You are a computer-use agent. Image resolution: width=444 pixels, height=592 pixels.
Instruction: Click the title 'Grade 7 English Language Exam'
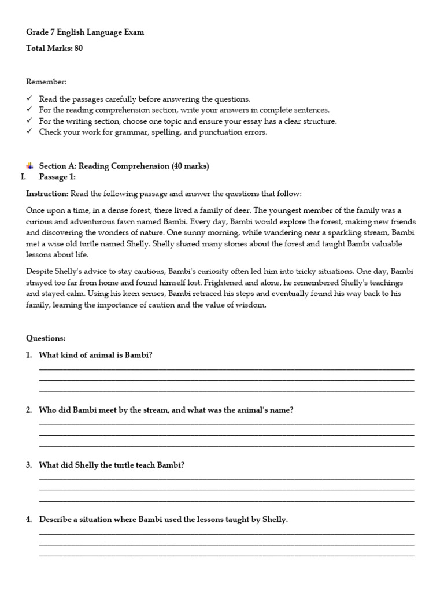pos(85,32)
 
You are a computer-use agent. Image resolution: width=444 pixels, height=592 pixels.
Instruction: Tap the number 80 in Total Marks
pos(78,49)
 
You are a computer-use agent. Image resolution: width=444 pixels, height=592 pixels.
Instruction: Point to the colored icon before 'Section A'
pos(29,166)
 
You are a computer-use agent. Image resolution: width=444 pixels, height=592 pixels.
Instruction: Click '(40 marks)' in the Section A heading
pos(190,166)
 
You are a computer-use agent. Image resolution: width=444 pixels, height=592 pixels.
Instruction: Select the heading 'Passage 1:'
pos(57,177)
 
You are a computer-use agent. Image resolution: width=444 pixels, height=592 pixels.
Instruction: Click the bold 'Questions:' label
pos(46,338)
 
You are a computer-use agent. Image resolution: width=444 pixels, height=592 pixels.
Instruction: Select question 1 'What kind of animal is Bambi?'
pos(95,355)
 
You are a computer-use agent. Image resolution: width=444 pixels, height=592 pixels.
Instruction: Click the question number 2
pos(29,410)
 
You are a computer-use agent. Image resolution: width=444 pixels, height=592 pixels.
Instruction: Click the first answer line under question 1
pos(226,369)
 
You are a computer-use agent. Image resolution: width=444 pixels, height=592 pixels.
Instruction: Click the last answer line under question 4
pos(226,556)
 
